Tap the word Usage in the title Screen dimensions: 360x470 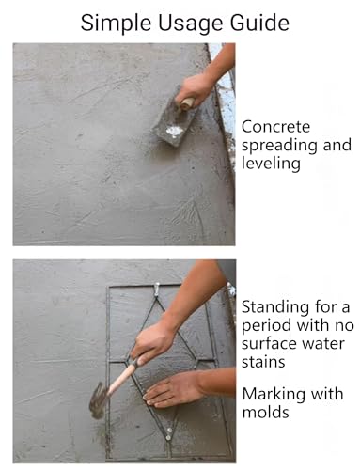[x=192, y=23]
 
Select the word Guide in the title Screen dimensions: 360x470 [x=259, y=23]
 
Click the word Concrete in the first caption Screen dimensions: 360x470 [x=275, y=127]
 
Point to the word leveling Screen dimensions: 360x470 [x=271, y=164]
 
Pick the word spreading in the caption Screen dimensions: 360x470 [x=279, y=146]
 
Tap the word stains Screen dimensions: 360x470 [x=263, y=362]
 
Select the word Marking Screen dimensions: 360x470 [x=273, y=395]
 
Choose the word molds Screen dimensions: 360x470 [x=265, y=412]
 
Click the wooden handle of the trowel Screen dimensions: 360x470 [x=187, y=103]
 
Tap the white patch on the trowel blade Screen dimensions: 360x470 [x=174, y=131]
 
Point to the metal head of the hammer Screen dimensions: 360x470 [x=98, y=399]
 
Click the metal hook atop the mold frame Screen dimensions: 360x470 [x=157, y=290]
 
